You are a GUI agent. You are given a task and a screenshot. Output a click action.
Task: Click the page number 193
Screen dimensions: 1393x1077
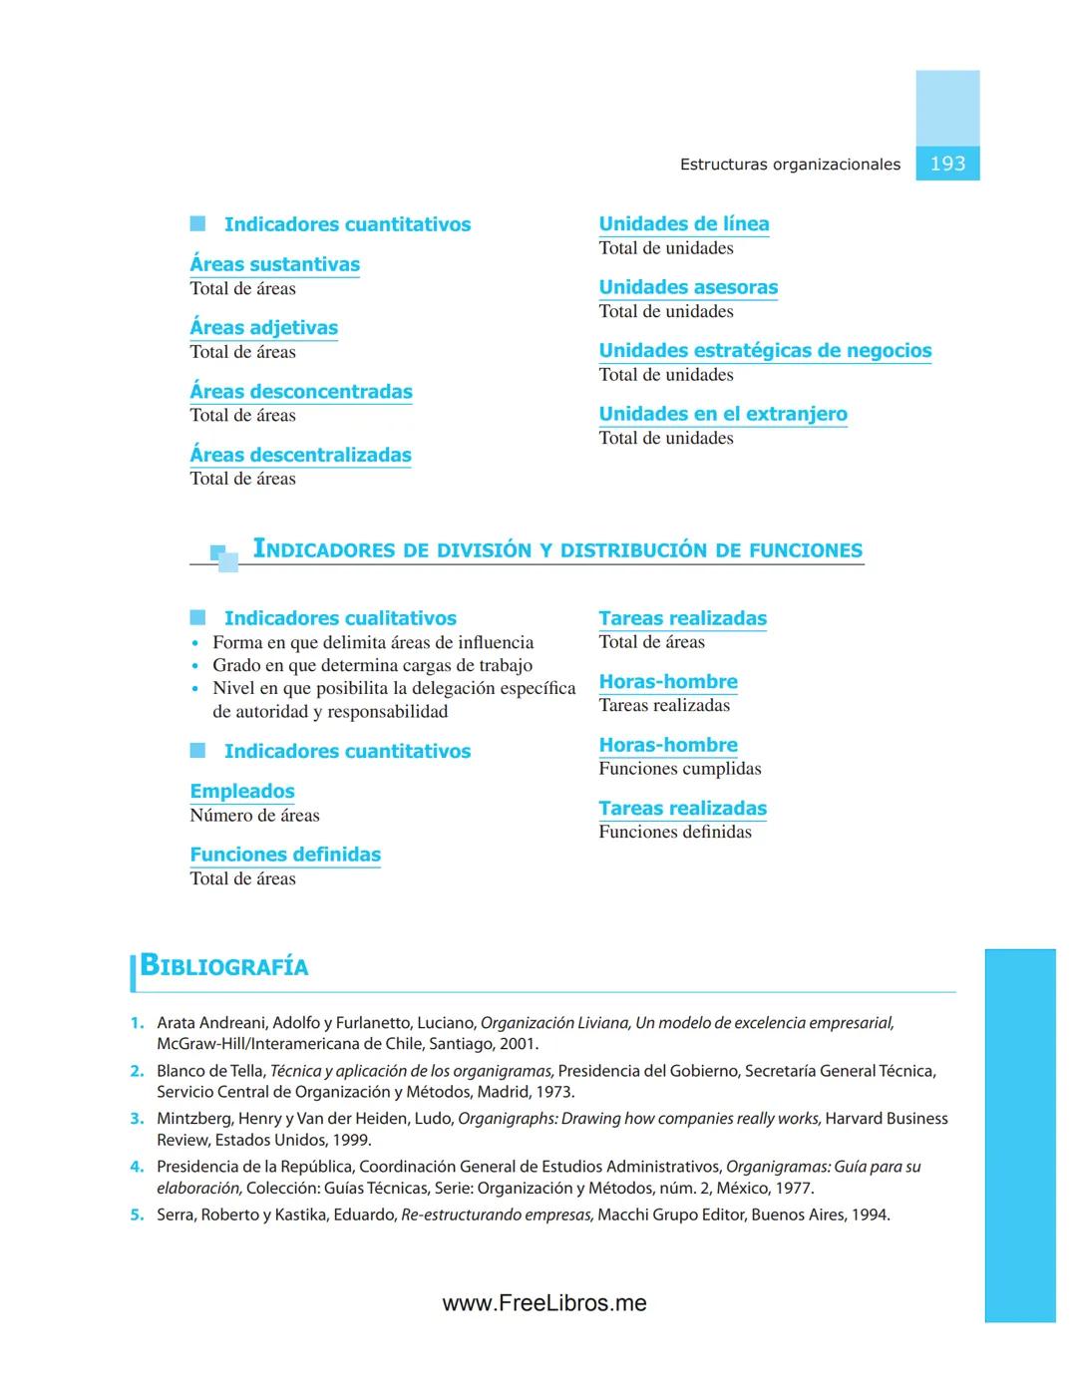coord(947,164)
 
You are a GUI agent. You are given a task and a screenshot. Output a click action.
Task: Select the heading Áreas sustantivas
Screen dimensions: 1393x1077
coord(274,264)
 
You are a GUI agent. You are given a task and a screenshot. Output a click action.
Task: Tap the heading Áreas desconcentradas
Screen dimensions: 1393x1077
coord(300,391)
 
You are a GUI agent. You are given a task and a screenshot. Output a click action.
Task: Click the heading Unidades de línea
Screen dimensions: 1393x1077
coord(683,223)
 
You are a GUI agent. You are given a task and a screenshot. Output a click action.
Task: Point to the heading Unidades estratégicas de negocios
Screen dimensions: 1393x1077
coord(765,350)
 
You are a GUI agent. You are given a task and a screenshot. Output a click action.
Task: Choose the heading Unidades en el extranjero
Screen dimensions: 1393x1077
coord(723,414)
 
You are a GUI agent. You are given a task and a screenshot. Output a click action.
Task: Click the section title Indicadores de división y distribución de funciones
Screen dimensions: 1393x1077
coord(557,549)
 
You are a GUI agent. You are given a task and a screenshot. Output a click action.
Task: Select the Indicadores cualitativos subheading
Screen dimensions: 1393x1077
coord(340,618)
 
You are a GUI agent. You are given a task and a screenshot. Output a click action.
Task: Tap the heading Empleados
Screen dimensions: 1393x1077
coord(242,791)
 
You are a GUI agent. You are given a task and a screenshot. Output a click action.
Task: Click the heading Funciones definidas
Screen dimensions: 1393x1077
coord(285,855)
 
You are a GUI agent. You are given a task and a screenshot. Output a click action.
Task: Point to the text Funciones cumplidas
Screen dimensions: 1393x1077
coord(680,769)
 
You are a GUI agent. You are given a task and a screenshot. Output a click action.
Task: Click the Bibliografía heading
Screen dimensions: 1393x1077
coord(224,966)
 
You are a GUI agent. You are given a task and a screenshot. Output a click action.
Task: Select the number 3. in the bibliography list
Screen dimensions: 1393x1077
coord(137,1119)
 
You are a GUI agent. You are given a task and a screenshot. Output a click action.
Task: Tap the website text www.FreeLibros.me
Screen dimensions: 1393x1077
coord(544,1303)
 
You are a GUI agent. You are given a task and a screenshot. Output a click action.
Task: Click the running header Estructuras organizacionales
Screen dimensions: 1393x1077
coord(790,165)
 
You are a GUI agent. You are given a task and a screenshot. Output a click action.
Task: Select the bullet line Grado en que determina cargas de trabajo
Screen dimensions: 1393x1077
coord(372,665)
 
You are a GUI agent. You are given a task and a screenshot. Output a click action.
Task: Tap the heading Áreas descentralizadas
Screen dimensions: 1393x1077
coord(300,455)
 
